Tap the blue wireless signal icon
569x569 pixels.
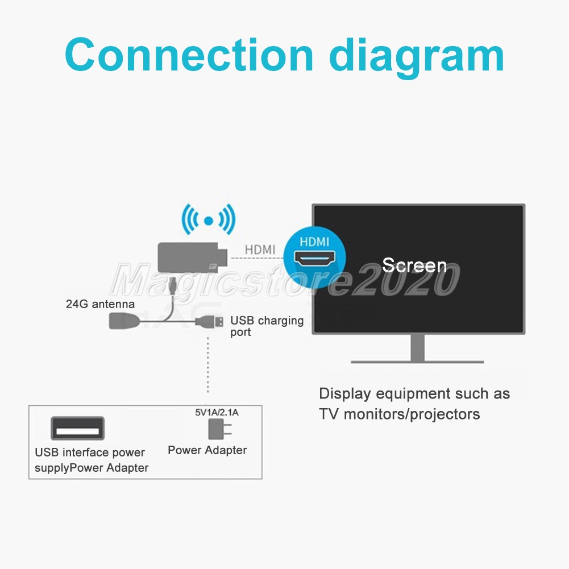click(208, 220)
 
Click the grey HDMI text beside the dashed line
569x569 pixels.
click(260, 250)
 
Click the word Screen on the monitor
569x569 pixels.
click(414, 265)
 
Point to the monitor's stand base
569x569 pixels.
click(417, 360)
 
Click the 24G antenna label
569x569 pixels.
click(100, 304)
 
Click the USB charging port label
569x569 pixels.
click(267, 326)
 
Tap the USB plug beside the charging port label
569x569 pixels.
click(210, 322)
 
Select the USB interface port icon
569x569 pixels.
click(78, 429)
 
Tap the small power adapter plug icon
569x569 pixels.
click(217, 430)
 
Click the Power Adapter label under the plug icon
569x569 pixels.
click(207, 450)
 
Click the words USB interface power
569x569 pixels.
click(90, 452)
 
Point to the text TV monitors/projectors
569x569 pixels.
click(399, 414)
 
